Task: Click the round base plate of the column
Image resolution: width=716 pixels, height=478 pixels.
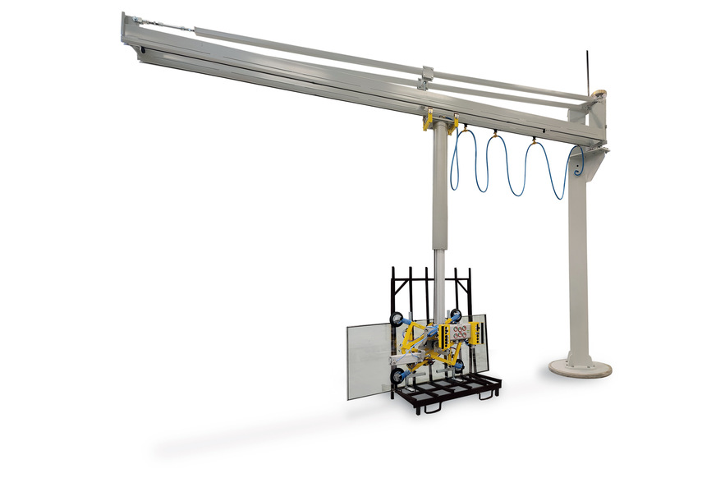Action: coord(580,367)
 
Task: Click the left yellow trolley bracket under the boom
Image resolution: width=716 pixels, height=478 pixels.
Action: coord(428,122)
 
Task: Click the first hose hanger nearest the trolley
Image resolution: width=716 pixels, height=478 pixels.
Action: coord(465,129)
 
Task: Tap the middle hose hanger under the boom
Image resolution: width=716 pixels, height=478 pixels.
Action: coord(496,134)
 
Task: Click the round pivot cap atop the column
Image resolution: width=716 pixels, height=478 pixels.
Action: coord(600,94)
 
